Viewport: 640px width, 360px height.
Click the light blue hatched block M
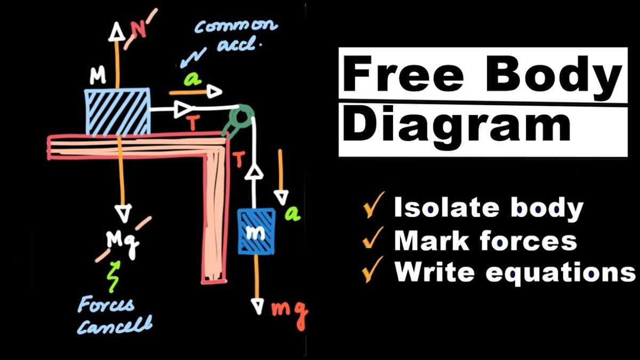117,111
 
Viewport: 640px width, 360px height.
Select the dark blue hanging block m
257,231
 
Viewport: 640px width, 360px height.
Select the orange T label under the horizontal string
193,124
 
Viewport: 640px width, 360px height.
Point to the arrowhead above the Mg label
123,213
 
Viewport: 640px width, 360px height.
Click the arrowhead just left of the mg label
258,306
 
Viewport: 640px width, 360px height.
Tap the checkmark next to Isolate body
373,205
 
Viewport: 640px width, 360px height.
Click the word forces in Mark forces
529,241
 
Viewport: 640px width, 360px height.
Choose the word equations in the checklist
561,273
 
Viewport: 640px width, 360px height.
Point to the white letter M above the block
98,75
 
